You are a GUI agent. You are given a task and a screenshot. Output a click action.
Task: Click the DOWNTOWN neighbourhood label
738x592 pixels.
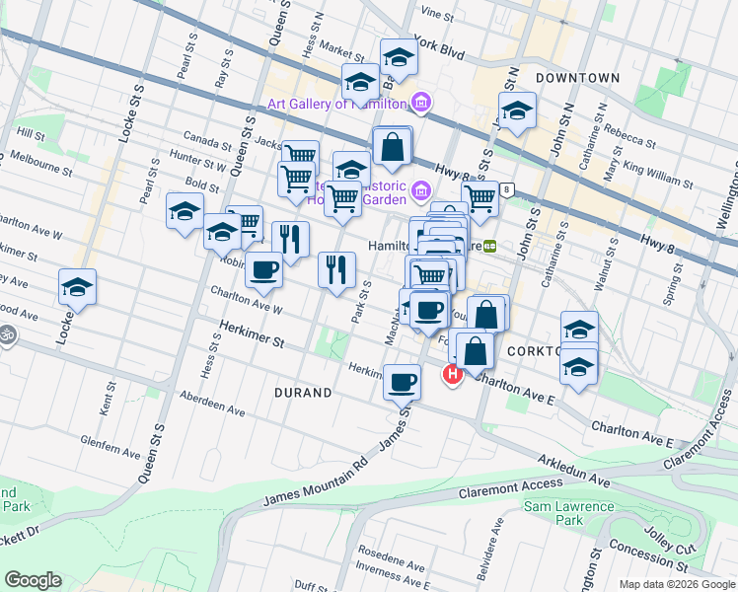point(577,77)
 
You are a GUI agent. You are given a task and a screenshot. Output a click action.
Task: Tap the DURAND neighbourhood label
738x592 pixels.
point(303,392)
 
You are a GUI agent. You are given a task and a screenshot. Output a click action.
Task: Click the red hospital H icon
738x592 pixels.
point(453,374)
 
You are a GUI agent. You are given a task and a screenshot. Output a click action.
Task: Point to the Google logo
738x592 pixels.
point(33,580)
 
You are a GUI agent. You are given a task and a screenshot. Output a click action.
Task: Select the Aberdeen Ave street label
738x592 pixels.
point(212,403)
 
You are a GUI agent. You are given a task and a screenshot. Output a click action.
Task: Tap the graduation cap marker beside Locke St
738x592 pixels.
point(77,287)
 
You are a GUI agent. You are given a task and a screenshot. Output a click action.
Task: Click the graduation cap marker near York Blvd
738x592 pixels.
point(399,56)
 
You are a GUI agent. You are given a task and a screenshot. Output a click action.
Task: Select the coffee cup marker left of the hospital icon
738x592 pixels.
point(402,382)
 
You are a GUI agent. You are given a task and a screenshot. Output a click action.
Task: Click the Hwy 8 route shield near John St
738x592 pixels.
point(507,189)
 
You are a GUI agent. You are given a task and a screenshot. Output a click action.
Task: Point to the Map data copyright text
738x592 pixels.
point(676,583)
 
